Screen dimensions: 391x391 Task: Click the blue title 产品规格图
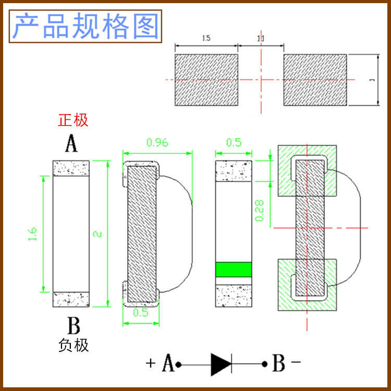pyautogui.click(x=85, y=27)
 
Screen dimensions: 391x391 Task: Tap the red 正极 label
pyautogui.click(x=73, y=120)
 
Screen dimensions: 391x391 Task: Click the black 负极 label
pyautogui.click(x=73, y=345)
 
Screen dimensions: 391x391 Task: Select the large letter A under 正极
pyautogui.click(x=71, y=143)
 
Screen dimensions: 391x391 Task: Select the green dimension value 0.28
pyautogui.click(x=259, y=210)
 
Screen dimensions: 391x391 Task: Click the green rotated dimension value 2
pyautogui.click(x=97, y=234)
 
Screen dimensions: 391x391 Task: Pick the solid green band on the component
pyautogui.click(x=234, y=269)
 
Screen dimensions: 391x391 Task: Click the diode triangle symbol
pyautogui.click(x=219, y=364)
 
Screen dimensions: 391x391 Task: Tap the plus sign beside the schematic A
pyautogui.click(x=151, y=363)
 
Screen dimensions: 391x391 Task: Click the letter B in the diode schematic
pyautogui.click(x=279, y=363)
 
